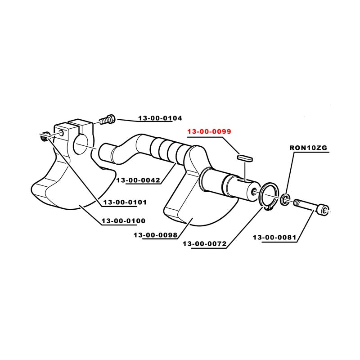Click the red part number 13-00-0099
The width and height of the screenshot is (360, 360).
tap(209, 131)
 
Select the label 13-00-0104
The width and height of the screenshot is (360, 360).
tap(160, 118)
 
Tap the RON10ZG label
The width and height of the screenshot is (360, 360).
tap(308, 148)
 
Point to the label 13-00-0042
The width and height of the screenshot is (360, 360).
tap(138, 180)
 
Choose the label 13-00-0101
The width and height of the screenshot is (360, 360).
tap(125, 202)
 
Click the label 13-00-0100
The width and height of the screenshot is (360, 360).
tap(123, 221)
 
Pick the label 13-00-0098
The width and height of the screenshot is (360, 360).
tap(156, 235)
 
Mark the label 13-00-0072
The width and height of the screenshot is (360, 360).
tap(205, 243)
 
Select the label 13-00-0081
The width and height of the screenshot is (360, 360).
tap(274, 237)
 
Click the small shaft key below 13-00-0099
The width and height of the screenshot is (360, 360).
tap(245, 158)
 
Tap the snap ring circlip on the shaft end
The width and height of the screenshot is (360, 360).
tap(269, 196)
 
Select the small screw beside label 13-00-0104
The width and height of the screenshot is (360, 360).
tap(108, 119)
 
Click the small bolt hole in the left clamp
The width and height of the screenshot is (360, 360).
tap(62, 132)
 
